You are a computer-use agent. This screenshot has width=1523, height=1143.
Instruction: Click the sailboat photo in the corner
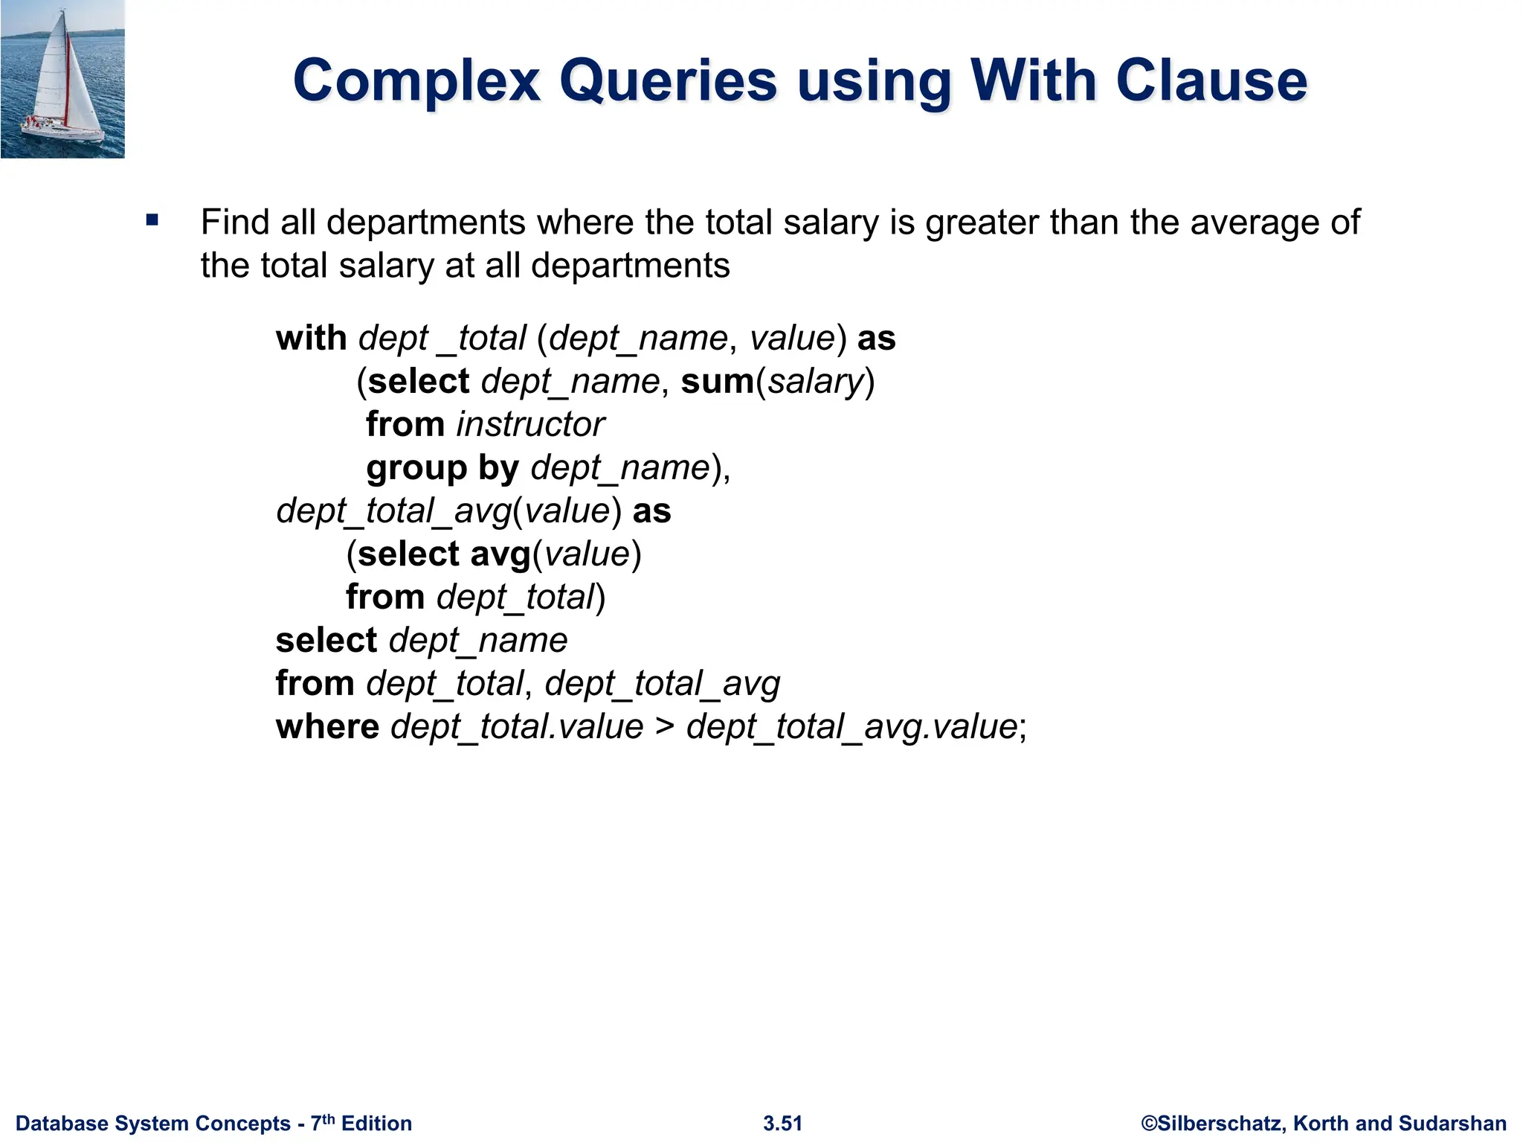pyautogui.click(x=62, y=79)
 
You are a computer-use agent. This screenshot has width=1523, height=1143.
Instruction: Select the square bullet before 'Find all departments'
pyautogui.click(x=152, y=220)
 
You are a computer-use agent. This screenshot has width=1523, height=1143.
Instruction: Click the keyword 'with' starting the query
pyautogui.click(x=311, y=338)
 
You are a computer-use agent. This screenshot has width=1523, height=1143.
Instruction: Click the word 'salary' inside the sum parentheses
pyautogui.click(x=815, y=382)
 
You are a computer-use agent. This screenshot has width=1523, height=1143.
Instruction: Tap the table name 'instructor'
pyautogui.click(x=530, y=425)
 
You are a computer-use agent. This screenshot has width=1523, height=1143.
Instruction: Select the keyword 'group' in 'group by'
pyautogui.click(x=416, y=469)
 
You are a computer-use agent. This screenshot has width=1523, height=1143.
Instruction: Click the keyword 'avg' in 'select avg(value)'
pyautogui.click(x=500, y=554)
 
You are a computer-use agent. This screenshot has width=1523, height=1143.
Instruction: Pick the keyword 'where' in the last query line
pyautogui.click(x=327, y=727)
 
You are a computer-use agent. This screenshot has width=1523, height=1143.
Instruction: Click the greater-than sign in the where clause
pyautogui.click(x=664, y=727)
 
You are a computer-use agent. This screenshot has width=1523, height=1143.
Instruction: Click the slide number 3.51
pyautogui.click(x=782, y=1123)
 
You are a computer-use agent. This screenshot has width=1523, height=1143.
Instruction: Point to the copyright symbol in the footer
pyautogui.click(x=1149, y=1123)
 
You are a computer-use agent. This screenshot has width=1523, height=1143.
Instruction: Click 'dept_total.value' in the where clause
pyautogui.click(x=517, y=727)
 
